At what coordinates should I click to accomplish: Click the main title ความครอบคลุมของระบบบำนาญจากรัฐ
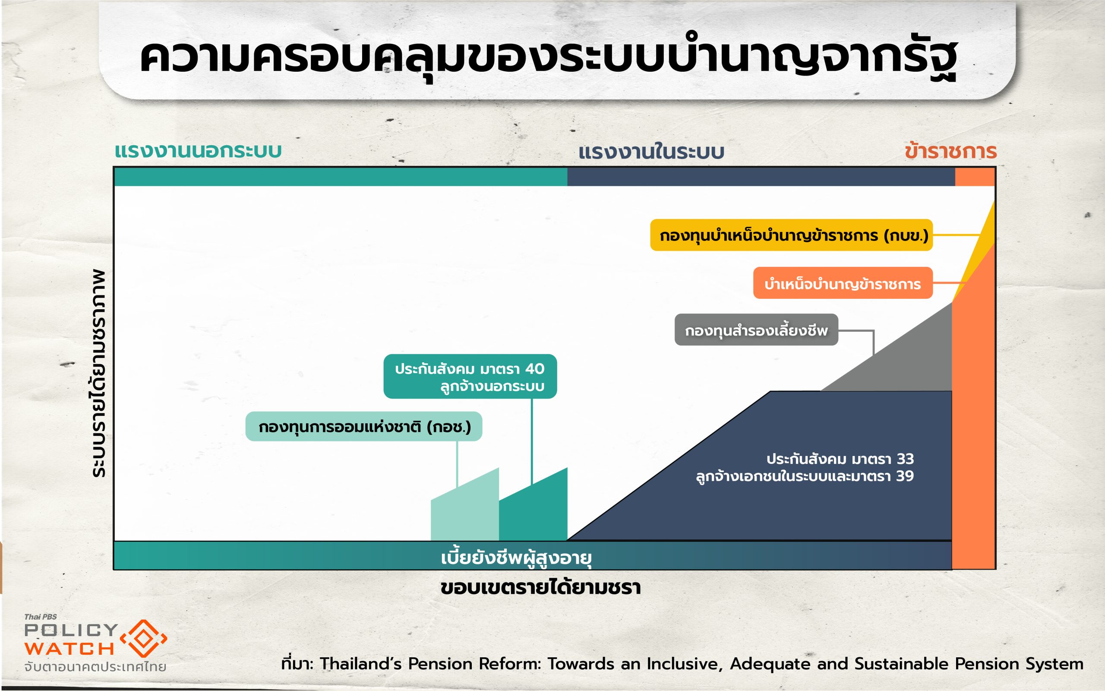coord(548,57)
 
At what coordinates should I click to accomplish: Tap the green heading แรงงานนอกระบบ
coord(198,151)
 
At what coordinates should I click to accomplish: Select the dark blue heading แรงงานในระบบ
coord(651,152)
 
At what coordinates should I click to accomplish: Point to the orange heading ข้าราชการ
coord(950,151)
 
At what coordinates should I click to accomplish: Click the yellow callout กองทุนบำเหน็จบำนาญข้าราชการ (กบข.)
coord(791,235)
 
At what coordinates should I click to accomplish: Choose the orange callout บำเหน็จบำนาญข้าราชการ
coord(843,283)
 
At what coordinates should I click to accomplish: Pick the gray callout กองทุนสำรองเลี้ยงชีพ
coord(756,330)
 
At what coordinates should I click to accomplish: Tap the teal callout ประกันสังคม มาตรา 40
coord(470,376)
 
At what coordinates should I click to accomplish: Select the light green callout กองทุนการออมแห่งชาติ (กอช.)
coord(363,426)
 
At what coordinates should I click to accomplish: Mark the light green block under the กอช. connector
coord(465,507)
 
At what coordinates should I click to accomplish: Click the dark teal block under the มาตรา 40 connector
coord(534,507)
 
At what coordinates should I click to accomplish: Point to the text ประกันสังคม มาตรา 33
coord(840,458)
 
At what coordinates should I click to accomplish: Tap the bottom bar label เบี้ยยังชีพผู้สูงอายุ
coord(516,558)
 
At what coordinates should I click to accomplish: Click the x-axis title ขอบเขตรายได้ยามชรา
coord(540,588)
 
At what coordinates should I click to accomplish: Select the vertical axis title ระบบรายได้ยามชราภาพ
coord(98,374)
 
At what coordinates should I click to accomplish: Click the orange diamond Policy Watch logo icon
coord(143,639)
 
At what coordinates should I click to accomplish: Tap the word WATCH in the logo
coord(69,649)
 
